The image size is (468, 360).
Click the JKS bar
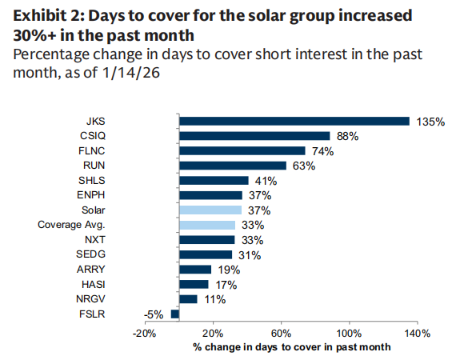click(x=294, y=121)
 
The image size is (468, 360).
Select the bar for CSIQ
click(x=254, y=136)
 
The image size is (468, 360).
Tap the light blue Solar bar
click(x=210, y=210)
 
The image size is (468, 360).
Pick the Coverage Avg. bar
click(x=207, y=225)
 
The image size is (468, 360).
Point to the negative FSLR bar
click(x=174, y=314)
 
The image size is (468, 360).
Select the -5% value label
click(x=154, y=314)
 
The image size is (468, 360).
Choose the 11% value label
click(x=214, y=299)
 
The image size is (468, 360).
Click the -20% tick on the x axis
click(x=144, y=333)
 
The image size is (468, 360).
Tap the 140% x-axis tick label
click(x=418, y=333)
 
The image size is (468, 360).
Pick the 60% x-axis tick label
click(x=281, y=333)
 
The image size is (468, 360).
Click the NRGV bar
click(x=188, y=298)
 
